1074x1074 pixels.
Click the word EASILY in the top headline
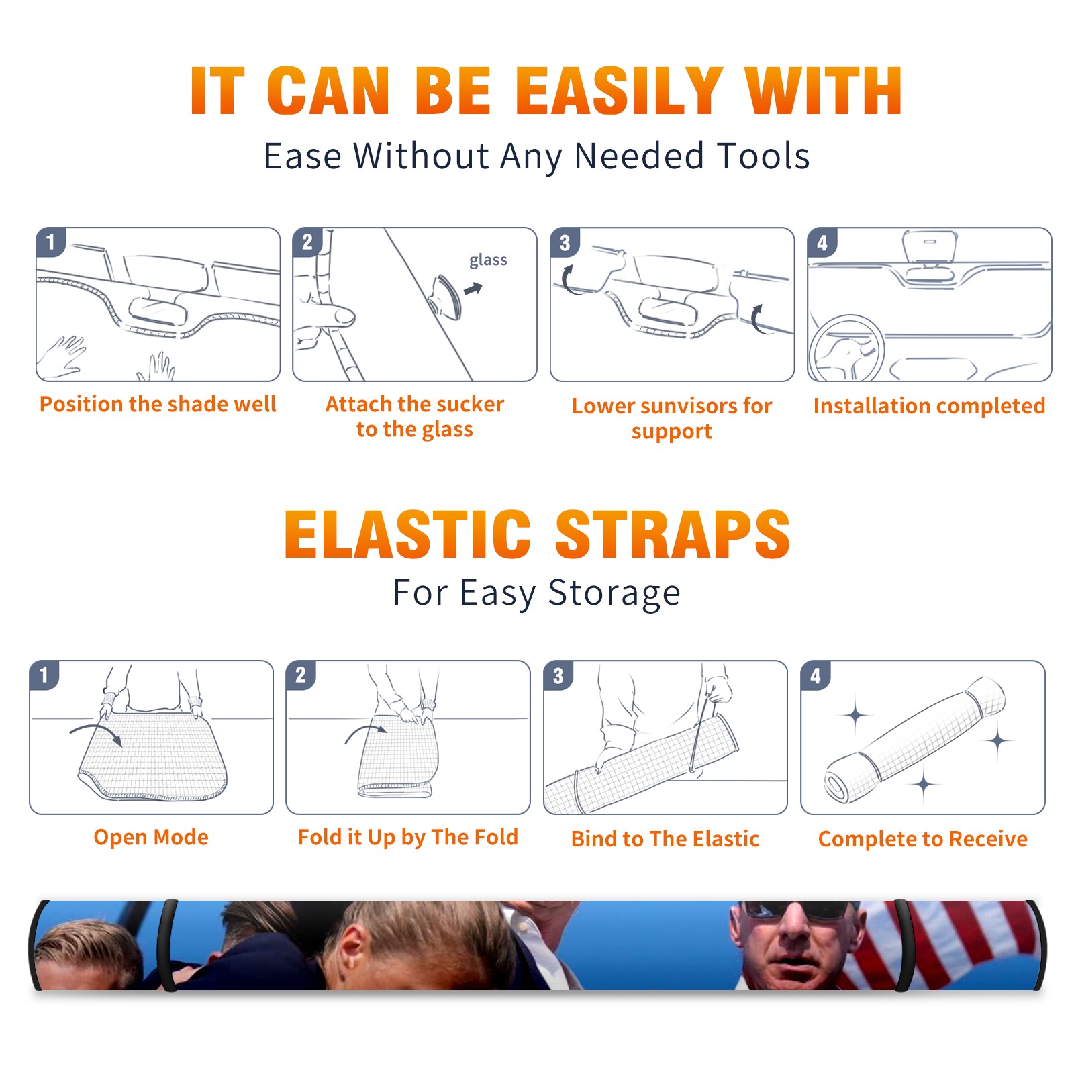point(619,91)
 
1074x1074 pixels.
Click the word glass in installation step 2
point(488,260)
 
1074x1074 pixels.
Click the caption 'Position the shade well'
point(158,404)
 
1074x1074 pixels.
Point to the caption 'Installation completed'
point(929,406)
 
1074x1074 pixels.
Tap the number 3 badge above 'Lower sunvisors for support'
point(565,243)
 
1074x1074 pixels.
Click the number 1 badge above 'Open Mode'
point(44,675)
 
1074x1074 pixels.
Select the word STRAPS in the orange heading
point(673,534)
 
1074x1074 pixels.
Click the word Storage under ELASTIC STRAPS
point(614,593)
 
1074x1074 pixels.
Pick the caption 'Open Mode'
point(151,838)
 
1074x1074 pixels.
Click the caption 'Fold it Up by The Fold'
point(408,838)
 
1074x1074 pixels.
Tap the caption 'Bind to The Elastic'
point(665,839)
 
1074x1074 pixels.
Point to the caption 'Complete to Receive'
point(923,839)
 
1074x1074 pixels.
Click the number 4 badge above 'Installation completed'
point(822,243)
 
